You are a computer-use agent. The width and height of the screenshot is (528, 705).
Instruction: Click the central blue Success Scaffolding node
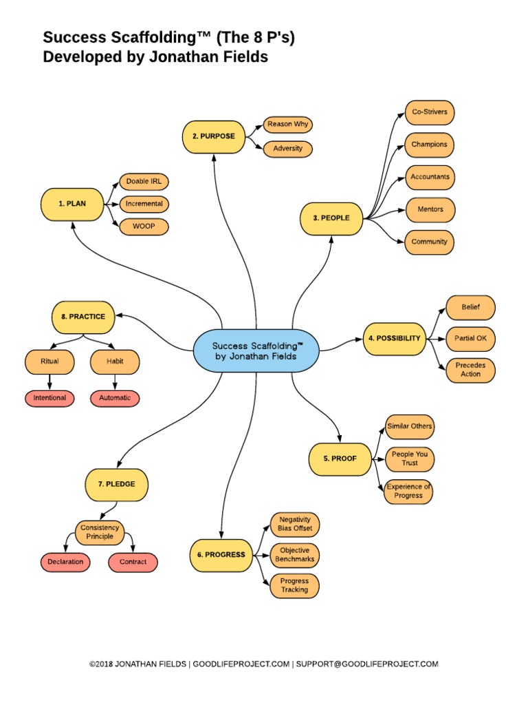click(256, 350)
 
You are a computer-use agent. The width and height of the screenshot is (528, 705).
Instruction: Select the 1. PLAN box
click(71, 203)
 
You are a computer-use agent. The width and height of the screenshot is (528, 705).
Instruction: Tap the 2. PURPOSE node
click(213, 136)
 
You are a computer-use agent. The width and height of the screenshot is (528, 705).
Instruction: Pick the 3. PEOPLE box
click(331, 218)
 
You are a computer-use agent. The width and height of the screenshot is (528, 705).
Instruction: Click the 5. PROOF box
click(340, 459)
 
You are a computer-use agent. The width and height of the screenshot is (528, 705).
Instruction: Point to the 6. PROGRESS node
click(221, 554)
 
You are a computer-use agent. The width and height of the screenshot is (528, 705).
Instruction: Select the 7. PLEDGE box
click(116, 484)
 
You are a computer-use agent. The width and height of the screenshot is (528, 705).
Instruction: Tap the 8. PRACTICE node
click(83, 316)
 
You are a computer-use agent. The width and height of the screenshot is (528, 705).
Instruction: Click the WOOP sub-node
click(144, 225)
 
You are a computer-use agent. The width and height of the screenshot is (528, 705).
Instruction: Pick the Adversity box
click(287, 148)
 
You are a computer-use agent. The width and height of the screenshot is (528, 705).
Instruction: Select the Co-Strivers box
click(429, 112)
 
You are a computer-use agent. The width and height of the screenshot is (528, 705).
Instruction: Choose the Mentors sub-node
click(429, 209)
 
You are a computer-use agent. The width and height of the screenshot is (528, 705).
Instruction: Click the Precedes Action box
click(470, 370)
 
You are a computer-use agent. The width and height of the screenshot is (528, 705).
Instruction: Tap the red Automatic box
click(115, 398)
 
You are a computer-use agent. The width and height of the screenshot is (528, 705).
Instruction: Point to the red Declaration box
click(66, 562)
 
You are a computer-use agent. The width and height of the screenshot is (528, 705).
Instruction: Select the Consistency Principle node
click(100, 532)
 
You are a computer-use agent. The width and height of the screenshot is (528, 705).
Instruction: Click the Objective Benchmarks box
click(294, 554)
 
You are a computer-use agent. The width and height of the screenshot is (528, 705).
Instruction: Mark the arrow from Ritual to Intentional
click(49, 380)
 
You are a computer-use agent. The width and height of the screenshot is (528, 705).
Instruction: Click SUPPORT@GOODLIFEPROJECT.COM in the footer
click(367, 664)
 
